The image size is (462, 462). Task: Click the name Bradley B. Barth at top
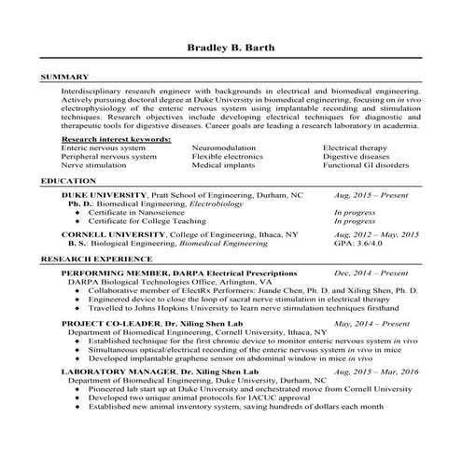[x=231, y=48]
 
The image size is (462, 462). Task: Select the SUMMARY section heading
[x=65, y=77]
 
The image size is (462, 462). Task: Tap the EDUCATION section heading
[x=69, y=180]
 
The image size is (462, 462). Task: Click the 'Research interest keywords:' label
[x=116, y=138]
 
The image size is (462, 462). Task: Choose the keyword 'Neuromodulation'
[x=225, y=147]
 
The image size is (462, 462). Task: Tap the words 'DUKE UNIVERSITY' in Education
[x=104, y=197]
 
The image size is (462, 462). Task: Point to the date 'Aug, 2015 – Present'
[x=371, y=197]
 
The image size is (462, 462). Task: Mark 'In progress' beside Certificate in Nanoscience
[x=354, y=214]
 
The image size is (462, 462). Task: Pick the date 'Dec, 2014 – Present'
[x=371, y=273]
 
